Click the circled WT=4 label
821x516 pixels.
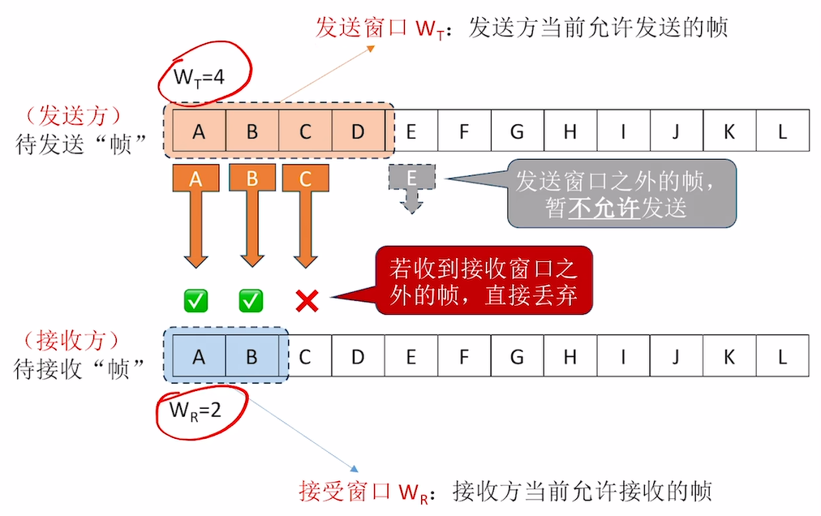(200, 78)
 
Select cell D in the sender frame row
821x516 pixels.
(359, 131)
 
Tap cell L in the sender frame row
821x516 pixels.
(783, 131)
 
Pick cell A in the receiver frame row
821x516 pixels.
(199, 356)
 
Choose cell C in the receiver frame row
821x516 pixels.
(305, 356)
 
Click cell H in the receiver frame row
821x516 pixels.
(570, 356)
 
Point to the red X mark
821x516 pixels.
(306, 301)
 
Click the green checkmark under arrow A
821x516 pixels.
(196, 301)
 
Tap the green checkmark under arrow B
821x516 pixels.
(251, 301)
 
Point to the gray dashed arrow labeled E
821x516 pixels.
(412, 187)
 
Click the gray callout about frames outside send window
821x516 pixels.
(621, 193)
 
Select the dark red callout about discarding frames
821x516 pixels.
(484, 280)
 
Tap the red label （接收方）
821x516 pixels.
(72, 339)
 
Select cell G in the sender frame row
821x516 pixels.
(518, 131)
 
